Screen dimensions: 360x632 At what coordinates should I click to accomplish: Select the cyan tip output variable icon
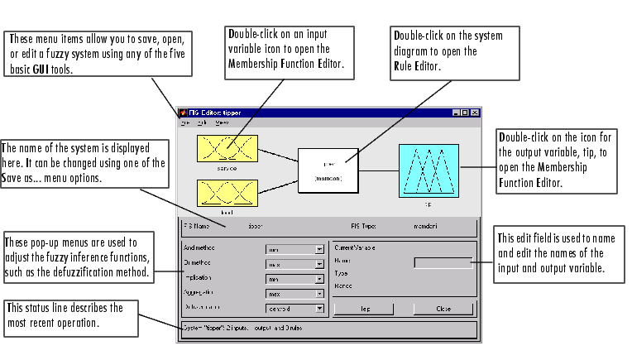pyautogui.click(x=428, y=170)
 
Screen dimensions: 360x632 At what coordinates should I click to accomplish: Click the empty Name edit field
pyautogui.click(x=443, y=262)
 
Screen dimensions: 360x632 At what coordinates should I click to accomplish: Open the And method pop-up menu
pyautogui.click(x=294, y=247)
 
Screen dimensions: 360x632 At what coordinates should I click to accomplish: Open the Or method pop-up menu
pyautogui.click(x=294, y=263)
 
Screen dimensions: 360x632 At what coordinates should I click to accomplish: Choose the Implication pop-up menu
pyautogui.click(x=294, y=279)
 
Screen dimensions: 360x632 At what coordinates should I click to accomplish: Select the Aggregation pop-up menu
pyautogui.click(x=294, y=294)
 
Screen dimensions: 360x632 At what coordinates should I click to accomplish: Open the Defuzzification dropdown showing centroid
pyautogui.click(x=294, y=309)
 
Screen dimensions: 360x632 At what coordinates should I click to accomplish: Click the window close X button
pyautogui.click(x=475, y=112)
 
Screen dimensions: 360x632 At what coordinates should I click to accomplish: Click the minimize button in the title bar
pyautogui.click(x=456, y=112)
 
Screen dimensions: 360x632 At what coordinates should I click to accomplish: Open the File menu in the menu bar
pyautogui.click(x=186, y=122)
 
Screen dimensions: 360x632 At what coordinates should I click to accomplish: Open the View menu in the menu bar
pyautogui.click(x=223, y=122)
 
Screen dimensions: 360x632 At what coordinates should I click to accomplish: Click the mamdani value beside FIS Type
pyautogui.click(x=429, y=224)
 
